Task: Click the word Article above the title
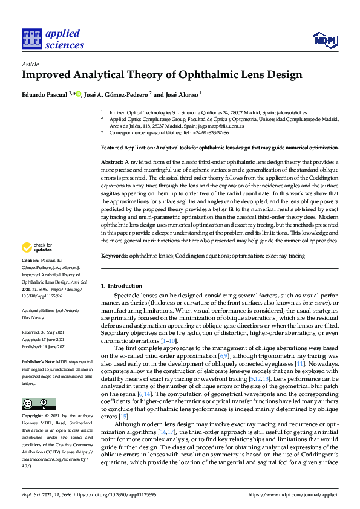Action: (x=30, y=64)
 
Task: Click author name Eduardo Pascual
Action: (x=45, y=94)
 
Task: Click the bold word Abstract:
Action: (x=112, y=163)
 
